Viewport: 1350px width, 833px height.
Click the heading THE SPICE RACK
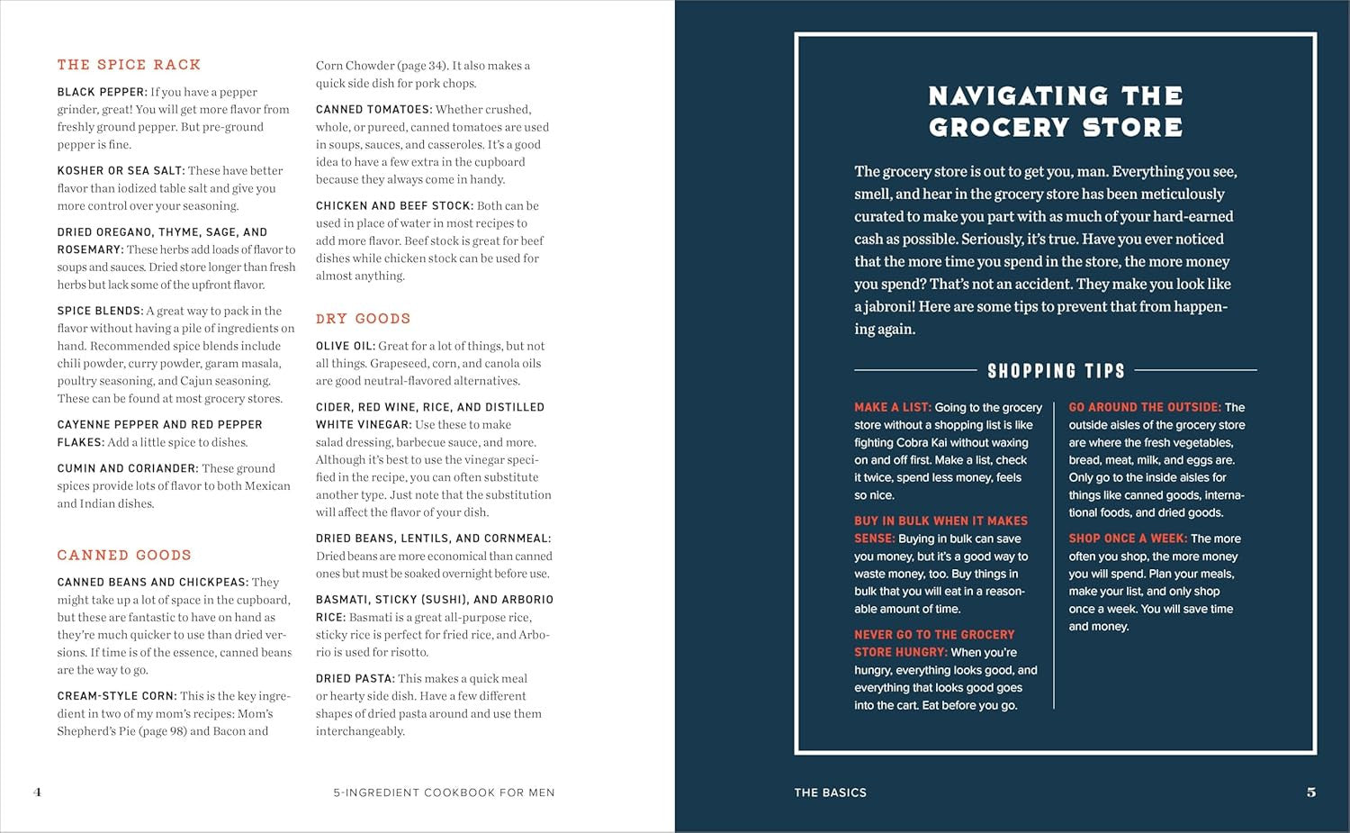tap(129, 65)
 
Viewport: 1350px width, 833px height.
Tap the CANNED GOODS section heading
tap(124, 556)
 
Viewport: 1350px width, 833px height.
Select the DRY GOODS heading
tap(363, 319)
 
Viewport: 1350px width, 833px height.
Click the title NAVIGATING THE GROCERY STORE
tap(1056, 112)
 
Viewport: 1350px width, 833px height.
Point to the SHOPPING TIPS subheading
tap(1056, 371)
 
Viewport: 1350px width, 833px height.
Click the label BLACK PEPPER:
tap(102, 92)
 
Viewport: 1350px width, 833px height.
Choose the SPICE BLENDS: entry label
tap(100, 311)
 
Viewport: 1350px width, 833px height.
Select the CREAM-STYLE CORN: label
tap(117, 696)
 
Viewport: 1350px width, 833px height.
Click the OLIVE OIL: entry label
tap(346, 346)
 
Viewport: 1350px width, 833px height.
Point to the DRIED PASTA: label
tap(355, 679)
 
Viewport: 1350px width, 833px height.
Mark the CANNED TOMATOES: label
tap(373, 110)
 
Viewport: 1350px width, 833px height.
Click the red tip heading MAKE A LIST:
tap(893, 407)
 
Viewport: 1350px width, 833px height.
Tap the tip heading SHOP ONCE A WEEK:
tap(1128, 539)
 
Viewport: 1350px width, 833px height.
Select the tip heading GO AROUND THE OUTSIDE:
tap(1145, 407)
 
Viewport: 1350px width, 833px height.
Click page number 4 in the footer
tap(37, 792)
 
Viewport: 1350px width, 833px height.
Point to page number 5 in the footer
tap(1310, 792)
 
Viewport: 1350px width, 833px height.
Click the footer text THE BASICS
tap(830, 792)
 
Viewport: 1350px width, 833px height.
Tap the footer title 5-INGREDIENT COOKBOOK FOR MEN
tap(444, 792)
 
